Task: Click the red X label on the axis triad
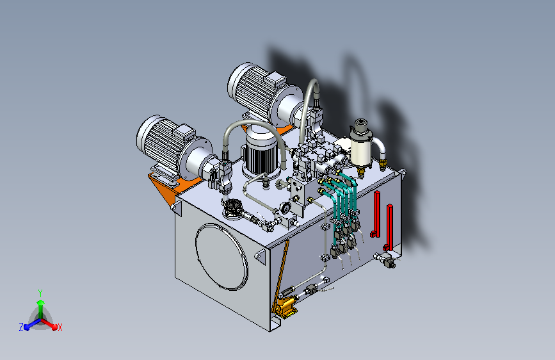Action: (60, 327)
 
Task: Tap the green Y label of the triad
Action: (40, 293)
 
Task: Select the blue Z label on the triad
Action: (21, 327)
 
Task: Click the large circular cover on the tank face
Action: (221, 256)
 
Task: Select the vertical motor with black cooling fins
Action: (261, 152)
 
